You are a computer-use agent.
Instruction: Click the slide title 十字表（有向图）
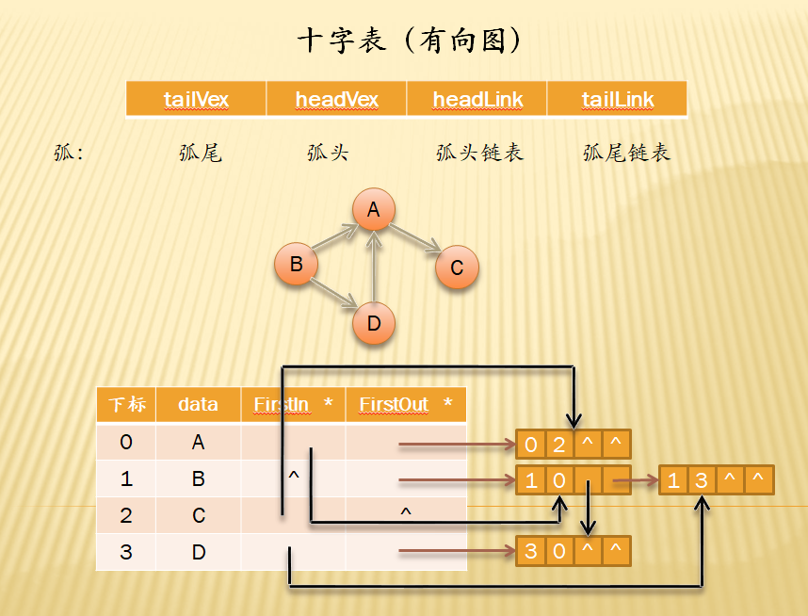click(410, 41)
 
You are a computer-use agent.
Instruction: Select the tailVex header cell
click(196, 99)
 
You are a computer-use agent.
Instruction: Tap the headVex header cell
click(336, 99)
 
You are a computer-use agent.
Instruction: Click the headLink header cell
click(477, 99)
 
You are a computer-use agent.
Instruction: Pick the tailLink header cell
click(617, 99)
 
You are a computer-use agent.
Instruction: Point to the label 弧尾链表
click(626, 153)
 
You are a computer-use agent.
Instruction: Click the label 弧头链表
click(479, 153)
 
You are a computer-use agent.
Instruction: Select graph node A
click(374, 210)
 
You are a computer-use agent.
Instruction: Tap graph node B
click(296, 264)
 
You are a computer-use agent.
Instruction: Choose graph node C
click(457, 267)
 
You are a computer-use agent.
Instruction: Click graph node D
click(374, 324)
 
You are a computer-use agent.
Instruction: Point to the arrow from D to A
click(375, 268)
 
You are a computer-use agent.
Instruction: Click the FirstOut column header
click(406, 404)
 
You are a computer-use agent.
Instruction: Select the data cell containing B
click(198, 478)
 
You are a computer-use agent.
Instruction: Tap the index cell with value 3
click(126, 552)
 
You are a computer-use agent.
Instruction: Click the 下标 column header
click(126, 404)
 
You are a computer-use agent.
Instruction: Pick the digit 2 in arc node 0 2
click(559, 445)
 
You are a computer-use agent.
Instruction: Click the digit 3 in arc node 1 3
click(702, 481)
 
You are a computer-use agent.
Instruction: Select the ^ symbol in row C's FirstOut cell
click(406, 513)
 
